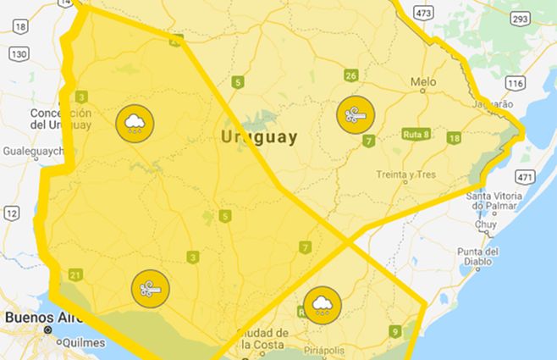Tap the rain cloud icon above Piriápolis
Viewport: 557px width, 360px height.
click(x=323, y=305)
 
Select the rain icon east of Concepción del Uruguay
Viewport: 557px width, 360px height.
click(x=134, y=124)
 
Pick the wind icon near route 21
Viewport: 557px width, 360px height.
click(x=150, y=289)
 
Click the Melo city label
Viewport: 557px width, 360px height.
click(x=422, y=82)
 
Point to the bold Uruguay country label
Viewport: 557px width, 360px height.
click(x=259, y=136)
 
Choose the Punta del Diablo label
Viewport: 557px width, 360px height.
click(x=478, y=257)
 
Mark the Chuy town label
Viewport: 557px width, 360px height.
click(x=486, y=226)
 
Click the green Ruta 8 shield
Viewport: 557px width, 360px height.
click(x=416, y=135)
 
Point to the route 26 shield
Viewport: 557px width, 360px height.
click(x=350, y=76)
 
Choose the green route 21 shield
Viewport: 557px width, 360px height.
click(x=76, y=274)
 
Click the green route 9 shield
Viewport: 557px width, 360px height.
click(x=395, y=331)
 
